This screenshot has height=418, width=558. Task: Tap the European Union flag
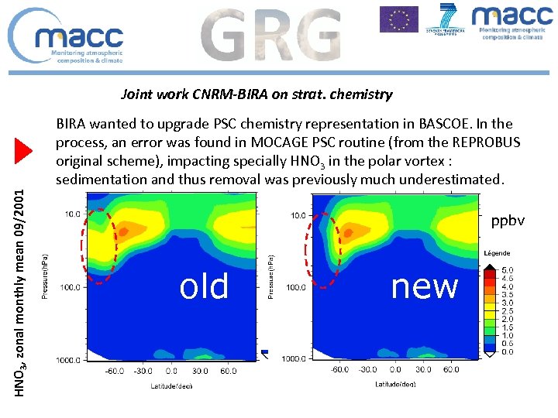click(398, 19)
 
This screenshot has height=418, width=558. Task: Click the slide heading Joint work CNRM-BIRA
click(257, 94)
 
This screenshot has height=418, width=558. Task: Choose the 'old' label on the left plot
click(204, 286)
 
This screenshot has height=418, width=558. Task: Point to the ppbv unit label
click(508, 221)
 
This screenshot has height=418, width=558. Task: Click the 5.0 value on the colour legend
click(508, 270)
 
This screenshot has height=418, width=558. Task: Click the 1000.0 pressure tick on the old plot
click(68, 360)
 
